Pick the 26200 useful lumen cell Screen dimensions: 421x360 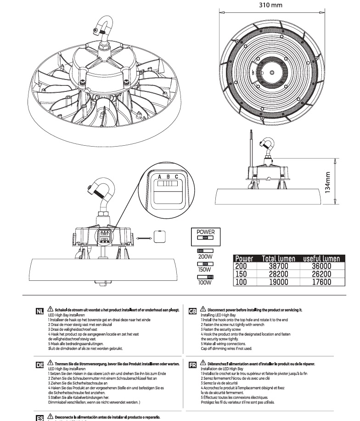point(321,274)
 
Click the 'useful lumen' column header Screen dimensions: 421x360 point(321,258)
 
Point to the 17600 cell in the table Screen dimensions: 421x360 point(321,282)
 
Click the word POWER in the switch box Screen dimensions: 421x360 point(206,232)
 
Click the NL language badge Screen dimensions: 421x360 point(39,313)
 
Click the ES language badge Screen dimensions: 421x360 point(39,418)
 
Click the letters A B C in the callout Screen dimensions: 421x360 point(164,177)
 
